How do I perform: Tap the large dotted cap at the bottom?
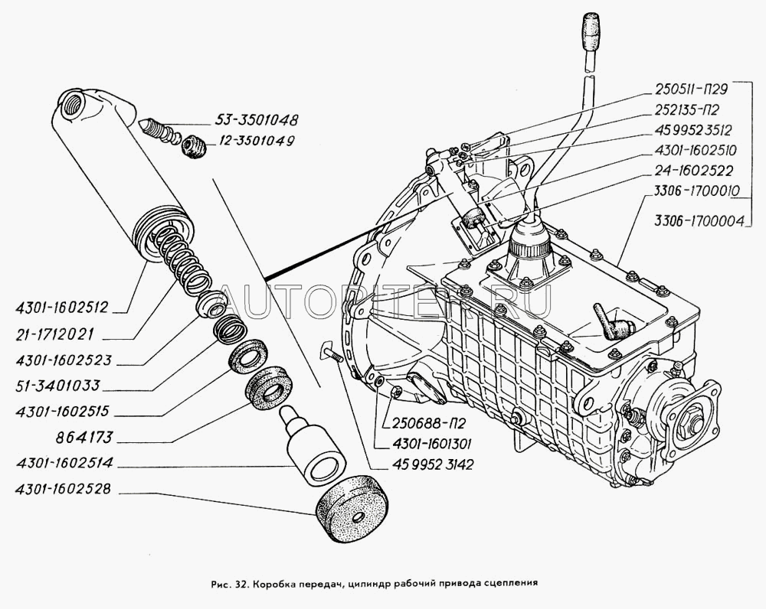[351, 510]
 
